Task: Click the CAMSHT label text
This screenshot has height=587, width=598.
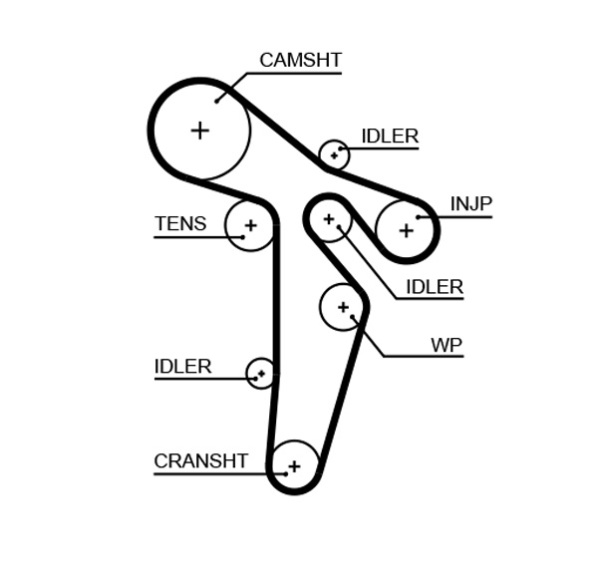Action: tap(300, 60)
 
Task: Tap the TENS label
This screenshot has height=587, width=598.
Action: tap(180, 224)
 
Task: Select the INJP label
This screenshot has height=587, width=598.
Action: tap(470, 204)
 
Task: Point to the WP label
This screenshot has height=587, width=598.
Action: tap(447, 345)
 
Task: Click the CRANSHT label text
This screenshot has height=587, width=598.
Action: tap(200, 461)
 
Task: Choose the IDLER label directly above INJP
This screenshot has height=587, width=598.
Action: tap(389, 137)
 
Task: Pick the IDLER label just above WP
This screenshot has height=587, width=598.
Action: tap(435, 287)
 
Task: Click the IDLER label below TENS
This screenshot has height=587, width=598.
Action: tap(182, 367)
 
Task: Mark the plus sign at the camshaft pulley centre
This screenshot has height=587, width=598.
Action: tap(200, 130)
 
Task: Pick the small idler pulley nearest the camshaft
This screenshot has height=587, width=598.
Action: tap(334, 154)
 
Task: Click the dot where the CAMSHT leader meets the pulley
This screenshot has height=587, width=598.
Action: tap(217, 101)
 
